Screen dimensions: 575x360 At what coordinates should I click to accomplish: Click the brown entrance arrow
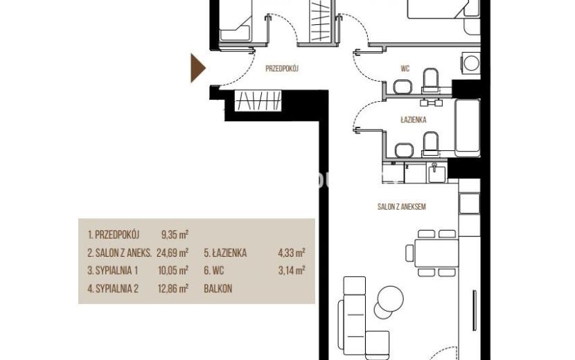pos(197,68)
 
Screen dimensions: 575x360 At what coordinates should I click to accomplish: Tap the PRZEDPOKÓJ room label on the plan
pos(283,68)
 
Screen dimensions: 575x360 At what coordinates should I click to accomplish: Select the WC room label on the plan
pos(405,68)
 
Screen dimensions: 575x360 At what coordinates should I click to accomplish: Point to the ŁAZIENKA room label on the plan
pos(414,120)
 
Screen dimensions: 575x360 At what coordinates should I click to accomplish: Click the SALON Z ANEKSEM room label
pos(402,207)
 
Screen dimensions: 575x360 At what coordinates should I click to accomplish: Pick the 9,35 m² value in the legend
pos(175,235)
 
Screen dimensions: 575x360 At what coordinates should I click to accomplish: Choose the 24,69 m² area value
pos(172,253)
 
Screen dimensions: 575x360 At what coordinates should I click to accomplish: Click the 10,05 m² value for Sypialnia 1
pos(173,271)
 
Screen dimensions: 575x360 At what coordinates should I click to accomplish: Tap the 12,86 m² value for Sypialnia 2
pos(173,289)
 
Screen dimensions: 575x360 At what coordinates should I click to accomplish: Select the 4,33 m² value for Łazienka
pos(292,253)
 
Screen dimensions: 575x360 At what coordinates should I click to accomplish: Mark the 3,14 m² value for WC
pos(292,271)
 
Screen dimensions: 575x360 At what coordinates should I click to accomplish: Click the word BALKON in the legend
pos(218,289)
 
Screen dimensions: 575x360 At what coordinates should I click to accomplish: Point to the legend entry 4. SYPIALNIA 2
pos(113,289)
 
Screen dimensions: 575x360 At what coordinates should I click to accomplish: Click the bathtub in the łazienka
pos(467,127)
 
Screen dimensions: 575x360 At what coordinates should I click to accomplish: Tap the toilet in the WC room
pos(431,80)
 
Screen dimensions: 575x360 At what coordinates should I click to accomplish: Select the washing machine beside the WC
pos(471,63)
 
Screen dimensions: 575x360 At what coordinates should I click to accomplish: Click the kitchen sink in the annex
pos(436,172)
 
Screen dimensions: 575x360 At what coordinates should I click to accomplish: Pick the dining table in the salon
pos(436,253)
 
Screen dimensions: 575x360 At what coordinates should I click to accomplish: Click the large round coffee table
pos(391,299)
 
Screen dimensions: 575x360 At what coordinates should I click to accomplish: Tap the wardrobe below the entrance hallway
pos(258,100)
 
